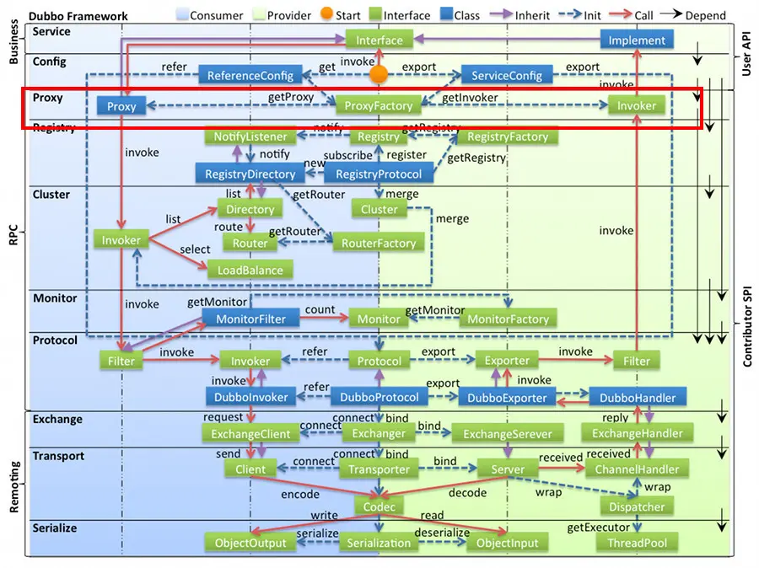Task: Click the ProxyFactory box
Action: click(379, 105)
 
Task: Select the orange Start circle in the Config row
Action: click(379, 74)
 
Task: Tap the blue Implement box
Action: click(637, 40)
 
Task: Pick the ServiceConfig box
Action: click(506, 75)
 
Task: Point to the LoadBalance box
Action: click(250, 270)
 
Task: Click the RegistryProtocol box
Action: click(379, 174)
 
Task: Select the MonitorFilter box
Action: click(250, 319)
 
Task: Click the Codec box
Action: click(379, 506)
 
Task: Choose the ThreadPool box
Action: click(637, 543)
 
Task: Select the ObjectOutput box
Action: click(250, 543)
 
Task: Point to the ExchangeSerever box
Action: click(508, 433)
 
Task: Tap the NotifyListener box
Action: click(250, 137)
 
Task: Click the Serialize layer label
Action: click(55, 528)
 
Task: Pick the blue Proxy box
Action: click(121, 105)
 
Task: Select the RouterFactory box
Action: click(379, 243)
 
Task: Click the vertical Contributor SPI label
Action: click(746, 324)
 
